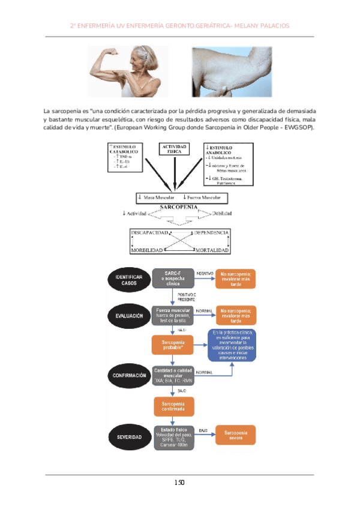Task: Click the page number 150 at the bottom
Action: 179,483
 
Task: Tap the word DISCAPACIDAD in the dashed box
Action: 150,232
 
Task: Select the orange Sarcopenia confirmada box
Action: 173,406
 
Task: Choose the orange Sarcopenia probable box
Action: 173,344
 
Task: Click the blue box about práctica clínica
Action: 232,345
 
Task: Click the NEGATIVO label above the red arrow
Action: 205,274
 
